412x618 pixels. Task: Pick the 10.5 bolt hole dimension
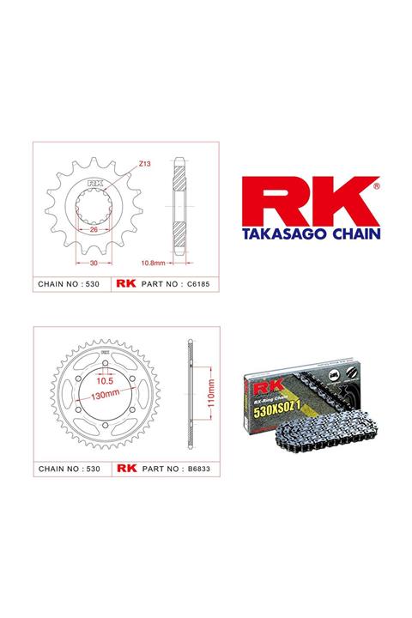pos(106,379)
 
